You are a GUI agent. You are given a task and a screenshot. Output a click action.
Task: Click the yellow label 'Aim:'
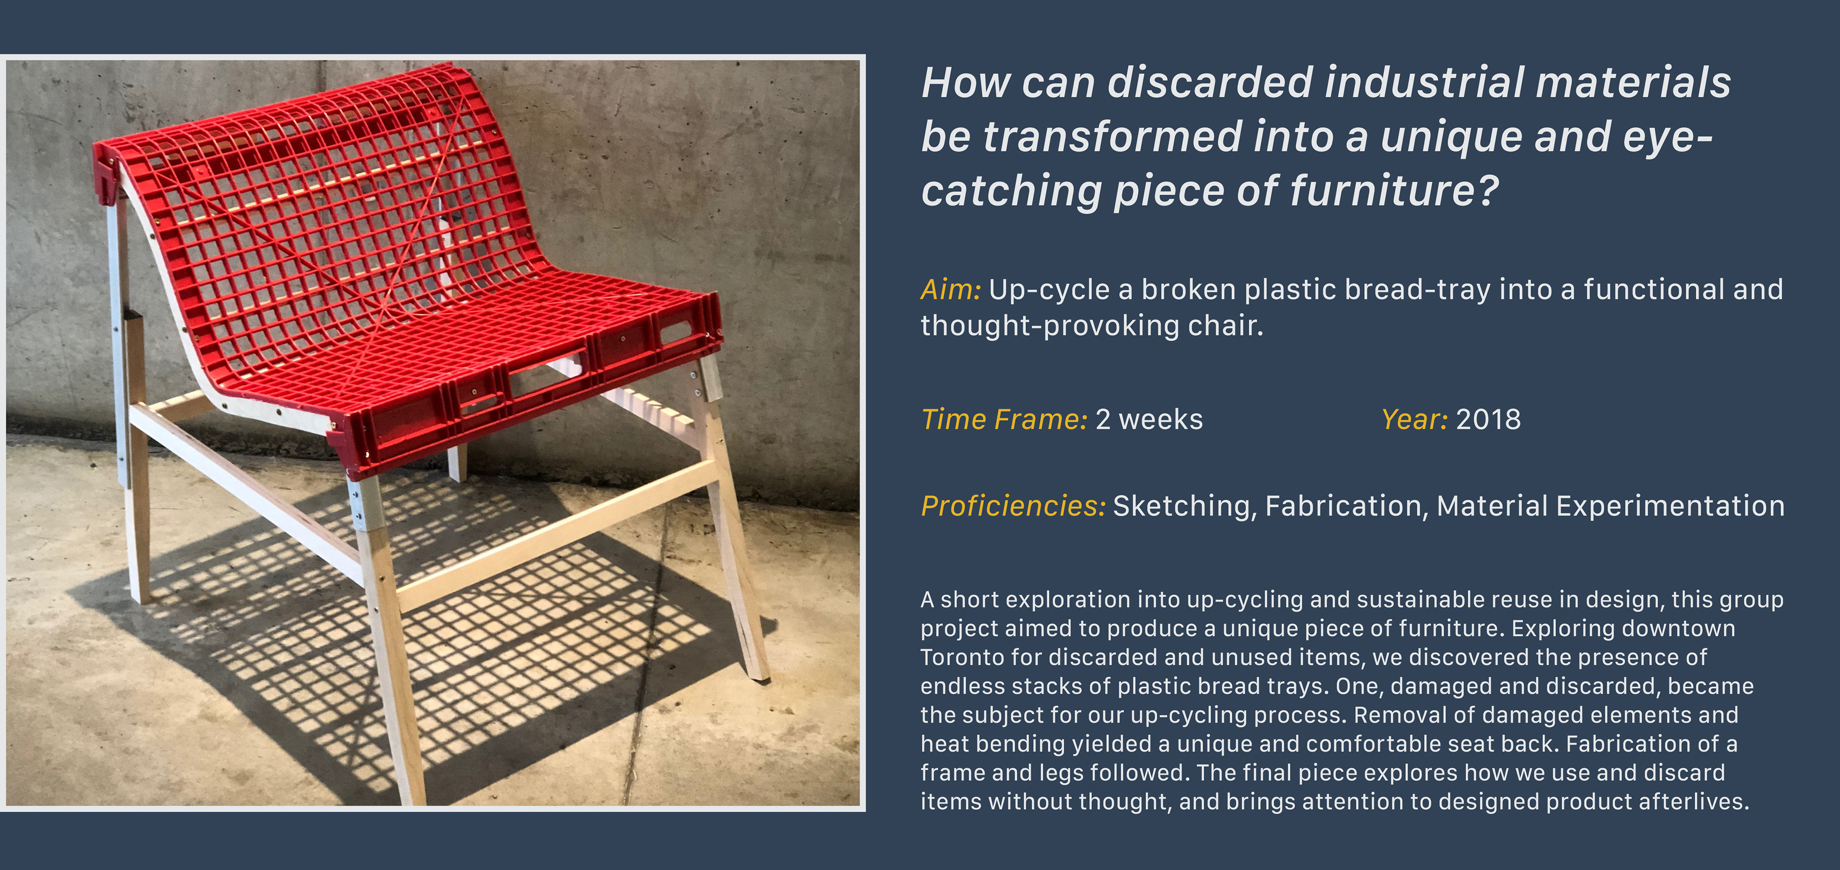pos(951,290)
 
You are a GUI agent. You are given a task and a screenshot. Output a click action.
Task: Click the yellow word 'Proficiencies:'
pos(1013,506)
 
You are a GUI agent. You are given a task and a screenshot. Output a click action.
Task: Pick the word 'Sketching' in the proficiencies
pos(1182,506)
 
